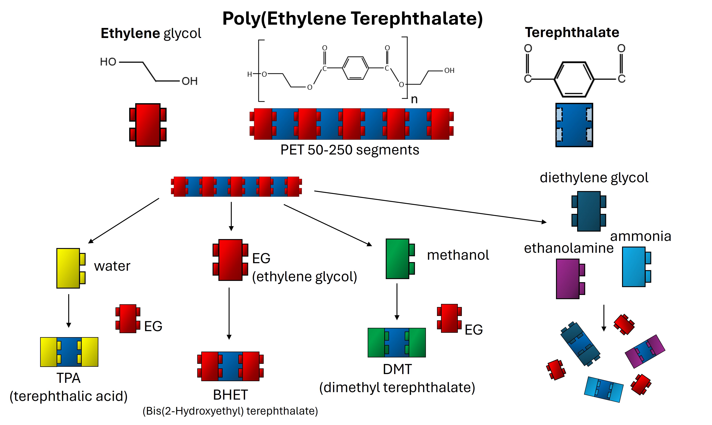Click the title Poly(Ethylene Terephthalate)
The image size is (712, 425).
pyautogui.click(x=352, y=19)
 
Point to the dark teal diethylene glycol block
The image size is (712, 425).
pyautogui.click(x=589, y=211)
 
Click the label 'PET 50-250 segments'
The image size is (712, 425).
pyautogui.click(x=350, y=150)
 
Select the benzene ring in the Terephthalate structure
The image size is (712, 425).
pyautogui.click(x=574, y=79)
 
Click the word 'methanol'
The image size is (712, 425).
pyautogui.click(x=458, y=255)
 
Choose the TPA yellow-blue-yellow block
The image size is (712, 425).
pyautogui.click(x=69, y=352)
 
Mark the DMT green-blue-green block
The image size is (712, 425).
pyautogui.click(x=397, y=342)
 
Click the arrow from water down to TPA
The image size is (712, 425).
pyautogui.click(x=69, y=310)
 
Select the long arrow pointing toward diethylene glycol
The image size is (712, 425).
pyautogui.click(x=429, y=206)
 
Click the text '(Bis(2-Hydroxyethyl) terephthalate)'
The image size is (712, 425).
pyautogui.click(x=230, y=411)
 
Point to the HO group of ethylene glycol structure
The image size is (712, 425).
pyautogui.click(x=108, y=62)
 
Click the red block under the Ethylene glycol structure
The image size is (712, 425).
pyautogui.click(x=148, y=125)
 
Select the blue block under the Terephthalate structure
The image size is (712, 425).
pyautogui.click(x=574, y=125)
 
